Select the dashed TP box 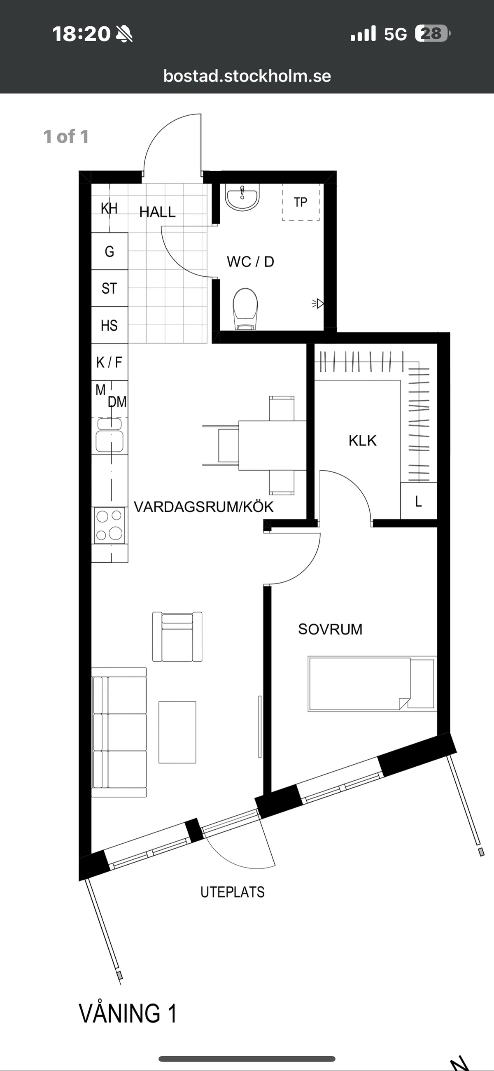(301, 202)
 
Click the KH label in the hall (110, 208)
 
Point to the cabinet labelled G (110, 251)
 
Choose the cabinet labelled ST (110, 288)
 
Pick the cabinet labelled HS (110, 325)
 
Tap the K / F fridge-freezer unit (110, 362)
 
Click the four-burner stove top (110, 525)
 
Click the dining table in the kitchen (273, 445)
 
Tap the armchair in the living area (177, 637)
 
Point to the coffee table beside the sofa (177, 732)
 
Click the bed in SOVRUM (372, 684)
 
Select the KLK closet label (363, 441)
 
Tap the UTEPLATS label (233, 892)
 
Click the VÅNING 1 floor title (128, 1013)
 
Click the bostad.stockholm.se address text (247, 76)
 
